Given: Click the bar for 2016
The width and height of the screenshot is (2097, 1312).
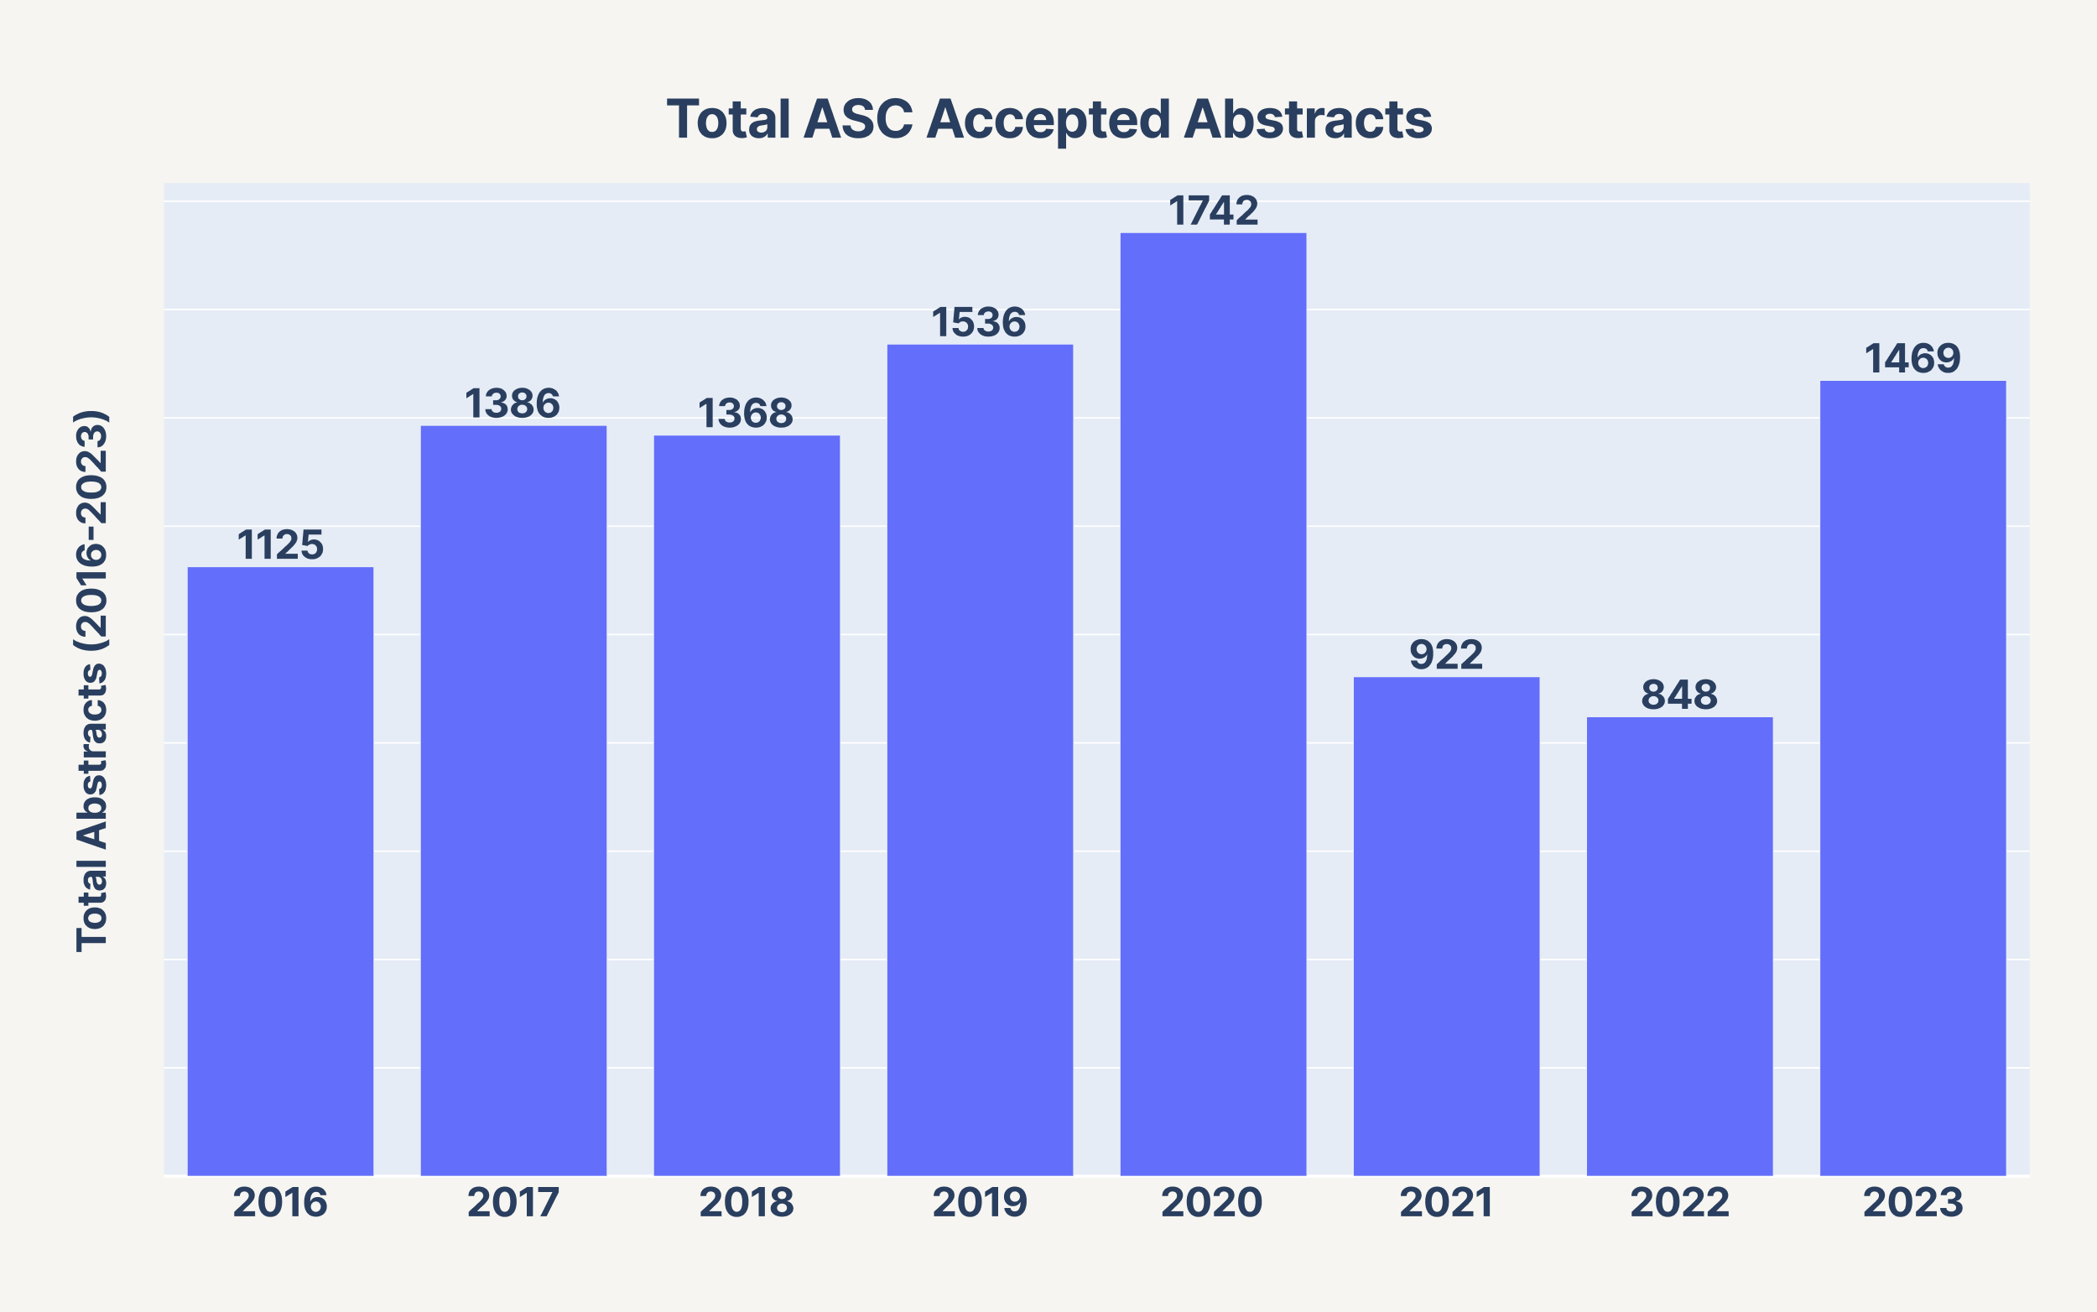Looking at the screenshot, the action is click(x=280, y=872).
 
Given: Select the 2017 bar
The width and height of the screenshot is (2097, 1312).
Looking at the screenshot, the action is click(x=513, y=801).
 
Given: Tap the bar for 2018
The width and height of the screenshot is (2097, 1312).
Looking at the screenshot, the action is click(x=747, y=805).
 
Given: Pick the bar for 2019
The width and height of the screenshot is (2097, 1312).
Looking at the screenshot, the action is click(x=980, y=760).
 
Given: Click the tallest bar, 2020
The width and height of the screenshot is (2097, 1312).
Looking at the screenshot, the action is click(x=1213, y=705).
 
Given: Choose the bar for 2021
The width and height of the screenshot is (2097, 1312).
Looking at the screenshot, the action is click(x=1446, y=927).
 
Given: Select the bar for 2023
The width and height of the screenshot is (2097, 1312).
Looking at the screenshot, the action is click(x=1913, y=778).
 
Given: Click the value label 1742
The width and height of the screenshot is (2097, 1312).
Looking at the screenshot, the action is click(x=1213, y=211).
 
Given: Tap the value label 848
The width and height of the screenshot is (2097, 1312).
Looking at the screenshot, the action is click(x=1679, y=695).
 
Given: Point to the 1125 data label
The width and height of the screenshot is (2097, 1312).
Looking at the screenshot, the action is click(x=280, y=545).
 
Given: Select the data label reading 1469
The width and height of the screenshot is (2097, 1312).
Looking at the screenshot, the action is click(x=1913, y=358).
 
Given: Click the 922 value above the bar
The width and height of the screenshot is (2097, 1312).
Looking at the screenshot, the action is click(x=1446, y=655).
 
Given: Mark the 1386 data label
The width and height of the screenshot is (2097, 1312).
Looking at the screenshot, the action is click(x=513, y=403).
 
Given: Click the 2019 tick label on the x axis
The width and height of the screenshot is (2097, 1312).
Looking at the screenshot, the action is click(x=980, y=1203).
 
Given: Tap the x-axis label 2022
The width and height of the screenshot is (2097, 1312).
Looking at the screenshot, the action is click(x=1679, y=1203).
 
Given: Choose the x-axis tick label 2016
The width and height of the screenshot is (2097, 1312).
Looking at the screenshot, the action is click(x=280, y=1203).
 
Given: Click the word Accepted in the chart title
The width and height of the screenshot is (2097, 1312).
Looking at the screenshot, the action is click(x=1049, y=121).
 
